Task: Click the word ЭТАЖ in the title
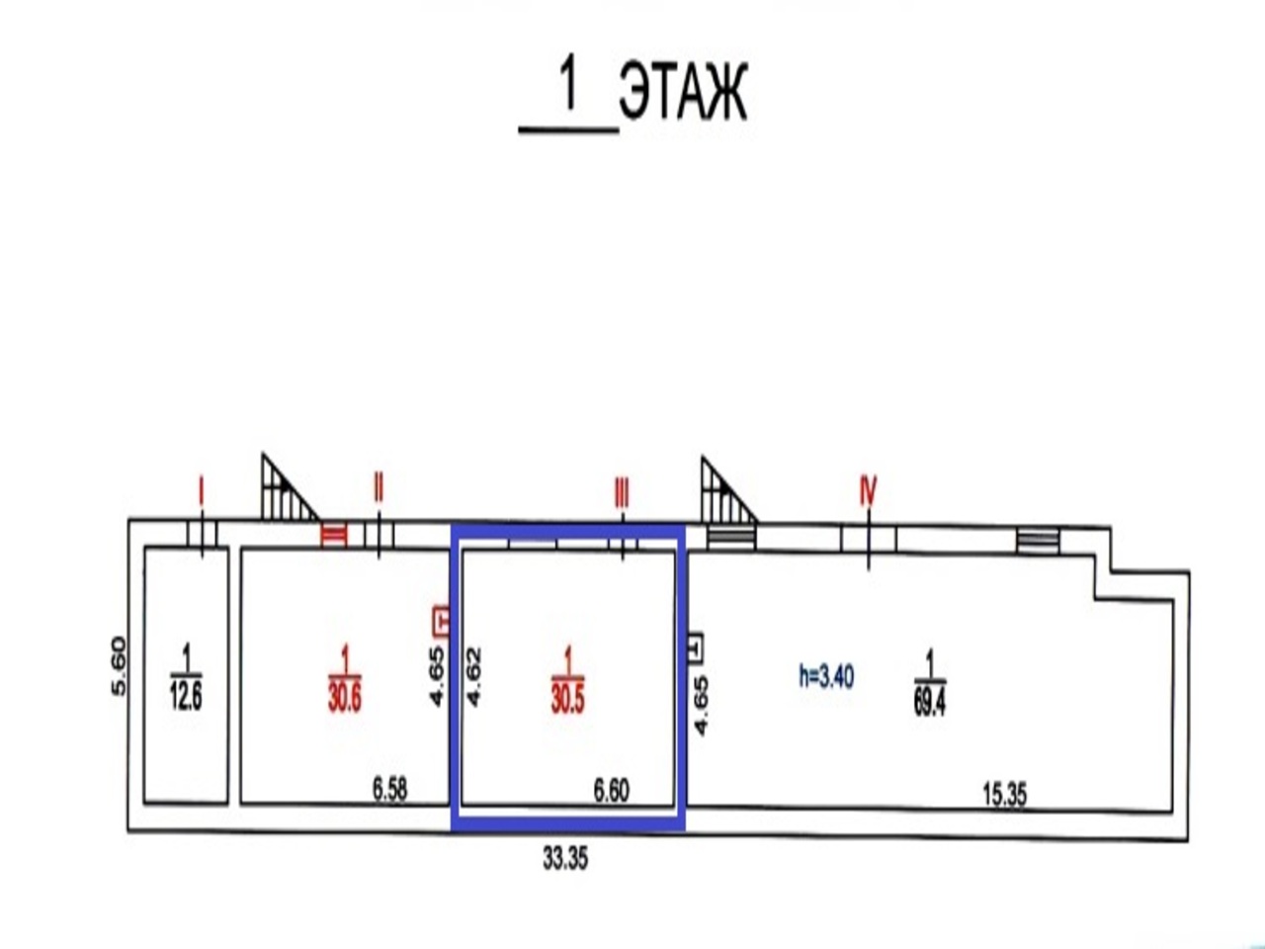[x=682, y=93]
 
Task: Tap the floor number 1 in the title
[x=568, y=87]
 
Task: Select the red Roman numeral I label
[x=201, y=491]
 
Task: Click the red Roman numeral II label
[x=378, y=487]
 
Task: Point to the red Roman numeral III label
[x=622, y=491]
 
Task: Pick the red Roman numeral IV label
[x=868, y=491]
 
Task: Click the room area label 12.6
[x=186, y=698]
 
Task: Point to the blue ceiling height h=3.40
[x=826, y=676]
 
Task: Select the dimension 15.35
[x=1004, y=795]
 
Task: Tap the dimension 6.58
[x=389, y=790]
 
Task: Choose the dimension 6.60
[x=611, y=790]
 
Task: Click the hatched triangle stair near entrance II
[x=284, y=489]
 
